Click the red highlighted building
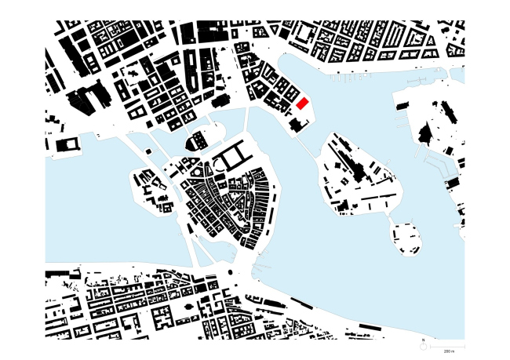[x=304, y=104]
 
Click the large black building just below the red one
[x=295, y=125]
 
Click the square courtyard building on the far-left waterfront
[x=67, y=146]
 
